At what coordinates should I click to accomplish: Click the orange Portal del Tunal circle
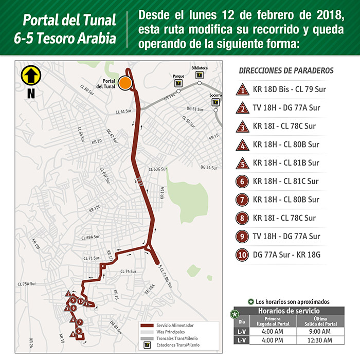pyautogui.click(x=124, y=82)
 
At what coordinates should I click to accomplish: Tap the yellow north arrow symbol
pyautogui.click(x=30, y=76)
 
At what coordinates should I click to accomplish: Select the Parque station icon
pyautogui.click(x=178, y=82)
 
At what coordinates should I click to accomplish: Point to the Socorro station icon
pyautogui.click(x=215, y=102)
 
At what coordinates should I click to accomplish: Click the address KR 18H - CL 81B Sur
pyautogui.click(x=286, y=163)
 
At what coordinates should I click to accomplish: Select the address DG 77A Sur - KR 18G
pyautogui.click(x=287, y=255)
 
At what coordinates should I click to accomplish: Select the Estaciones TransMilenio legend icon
pyautogui.click(x=148, y=345)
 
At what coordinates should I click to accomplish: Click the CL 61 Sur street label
pyautogui.click(x=123, y=111)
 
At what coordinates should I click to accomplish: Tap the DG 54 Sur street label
pyautogui.click(x=209, y=168)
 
